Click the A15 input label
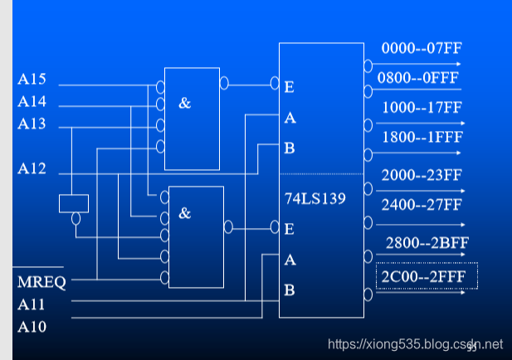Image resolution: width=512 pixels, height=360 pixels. pos(32,80)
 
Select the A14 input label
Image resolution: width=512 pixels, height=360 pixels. pos(32,103)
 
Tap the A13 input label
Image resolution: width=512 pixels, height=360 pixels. pos(32,124)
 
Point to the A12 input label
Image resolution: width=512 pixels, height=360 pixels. pos(32,169)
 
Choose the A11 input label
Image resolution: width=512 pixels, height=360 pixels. pos(32,304)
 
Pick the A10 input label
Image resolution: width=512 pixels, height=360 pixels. pos(32,326)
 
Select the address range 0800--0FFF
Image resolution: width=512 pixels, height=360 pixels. pos(419,78)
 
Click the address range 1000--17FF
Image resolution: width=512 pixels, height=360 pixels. pos(422,108)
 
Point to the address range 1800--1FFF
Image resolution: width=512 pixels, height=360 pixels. pos(422,138)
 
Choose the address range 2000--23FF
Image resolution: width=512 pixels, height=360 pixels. pos(422,175)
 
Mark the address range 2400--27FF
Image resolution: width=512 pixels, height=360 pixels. pos(422,204)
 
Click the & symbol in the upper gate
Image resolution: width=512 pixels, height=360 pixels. pos(184,104)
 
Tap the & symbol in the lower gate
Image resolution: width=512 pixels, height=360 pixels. pos(184,213)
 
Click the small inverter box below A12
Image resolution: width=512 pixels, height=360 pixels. pos(74,202)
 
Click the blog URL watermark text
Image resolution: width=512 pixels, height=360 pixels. pos(416,343)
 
